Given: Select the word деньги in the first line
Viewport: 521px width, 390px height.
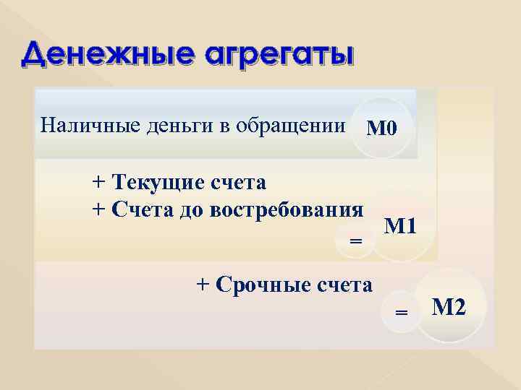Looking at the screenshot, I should tap(164, 126).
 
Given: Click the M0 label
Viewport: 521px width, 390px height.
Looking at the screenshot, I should tap(381, 129).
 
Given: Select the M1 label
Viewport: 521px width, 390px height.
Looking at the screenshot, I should tap(400, 227).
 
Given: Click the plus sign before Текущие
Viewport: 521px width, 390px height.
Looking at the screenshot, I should tap(98, 181).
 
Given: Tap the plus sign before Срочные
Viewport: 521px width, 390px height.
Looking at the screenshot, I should tap(203, 285).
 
